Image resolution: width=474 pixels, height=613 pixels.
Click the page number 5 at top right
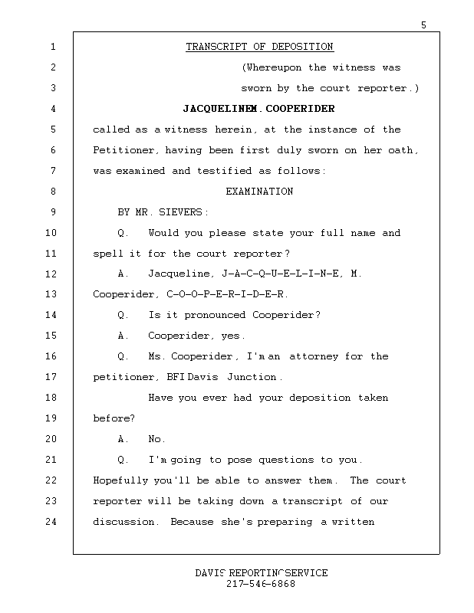click(x=423, y=25)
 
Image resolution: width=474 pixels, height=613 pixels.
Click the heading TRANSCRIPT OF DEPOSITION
click(x=259, y=48)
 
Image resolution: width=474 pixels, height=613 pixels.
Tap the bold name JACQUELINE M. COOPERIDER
click(x=259, y=109)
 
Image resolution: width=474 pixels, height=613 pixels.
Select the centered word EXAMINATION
click(x=259, y=192)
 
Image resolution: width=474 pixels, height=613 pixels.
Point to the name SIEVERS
click(x=183, y=212)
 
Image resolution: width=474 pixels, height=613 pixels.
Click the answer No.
click(x=156, y=439)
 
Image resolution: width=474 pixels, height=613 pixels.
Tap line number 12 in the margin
click(x=52, y=274)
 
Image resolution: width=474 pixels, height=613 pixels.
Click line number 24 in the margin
click(x=52, y=522)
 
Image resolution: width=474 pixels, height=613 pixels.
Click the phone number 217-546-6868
click(x=261, y=584)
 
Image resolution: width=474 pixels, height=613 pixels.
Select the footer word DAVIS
click(x=209, y=573)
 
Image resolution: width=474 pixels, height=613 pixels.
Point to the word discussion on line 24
click(x=126, y=522)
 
